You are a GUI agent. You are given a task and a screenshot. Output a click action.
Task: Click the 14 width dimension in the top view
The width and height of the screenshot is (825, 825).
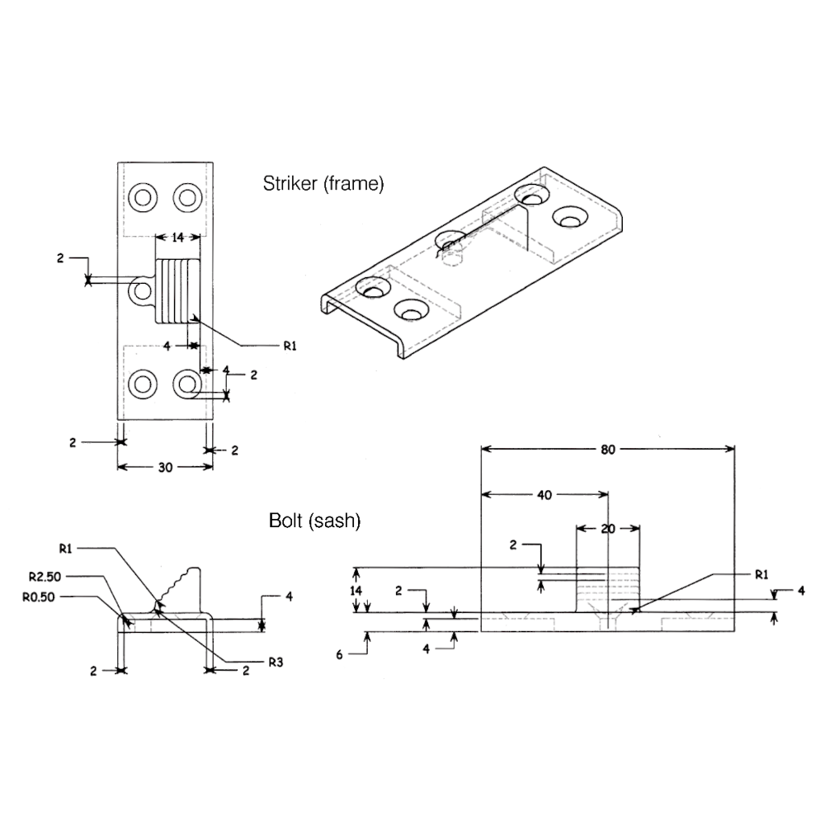[177, 238]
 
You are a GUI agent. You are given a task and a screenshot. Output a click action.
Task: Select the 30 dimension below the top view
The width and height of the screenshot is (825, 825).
[164, 468]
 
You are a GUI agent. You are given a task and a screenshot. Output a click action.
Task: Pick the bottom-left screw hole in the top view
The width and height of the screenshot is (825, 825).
[144, 383]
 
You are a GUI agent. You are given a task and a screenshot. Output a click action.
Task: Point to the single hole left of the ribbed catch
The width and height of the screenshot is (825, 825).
[143, 290]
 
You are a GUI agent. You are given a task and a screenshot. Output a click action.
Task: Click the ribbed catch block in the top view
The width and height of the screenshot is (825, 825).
[178, 290]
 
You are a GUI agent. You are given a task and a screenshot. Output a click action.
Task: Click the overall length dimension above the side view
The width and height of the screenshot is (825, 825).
[608, 450]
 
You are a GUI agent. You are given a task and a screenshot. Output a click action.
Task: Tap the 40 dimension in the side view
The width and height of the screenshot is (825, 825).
[544, 496]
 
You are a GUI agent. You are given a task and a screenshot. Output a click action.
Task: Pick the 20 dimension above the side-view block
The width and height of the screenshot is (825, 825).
[609, 529]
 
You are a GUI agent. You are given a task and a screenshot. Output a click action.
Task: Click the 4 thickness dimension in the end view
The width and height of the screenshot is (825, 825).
[289, 596]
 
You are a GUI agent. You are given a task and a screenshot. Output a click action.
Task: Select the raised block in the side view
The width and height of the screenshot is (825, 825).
[608, 587]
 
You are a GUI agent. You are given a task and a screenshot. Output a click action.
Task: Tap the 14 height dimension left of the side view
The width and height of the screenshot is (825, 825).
[356, 591]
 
